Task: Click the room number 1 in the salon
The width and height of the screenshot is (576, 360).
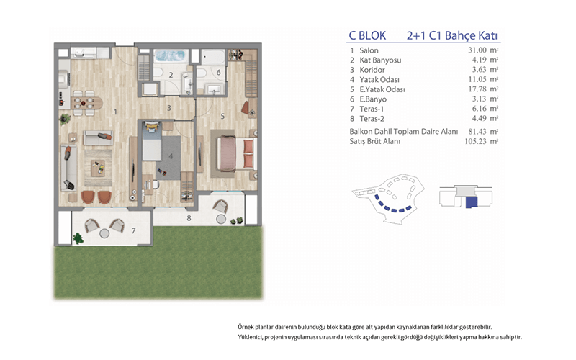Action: (115, 112)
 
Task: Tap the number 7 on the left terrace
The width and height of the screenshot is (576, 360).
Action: (133, 230)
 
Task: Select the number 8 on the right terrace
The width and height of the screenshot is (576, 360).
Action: (189, 218)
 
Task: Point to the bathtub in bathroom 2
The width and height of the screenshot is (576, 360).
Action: (170, 55)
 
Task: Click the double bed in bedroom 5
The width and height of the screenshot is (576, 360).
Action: (237, 153)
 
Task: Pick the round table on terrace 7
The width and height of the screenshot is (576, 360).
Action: (104, 233)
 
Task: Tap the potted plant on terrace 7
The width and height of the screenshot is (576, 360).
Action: (78, 239)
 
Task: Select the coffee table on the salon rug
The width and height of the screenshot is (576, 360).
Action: (98, 168)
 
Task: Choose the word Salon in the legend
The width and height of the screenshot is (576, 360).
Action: (369, 50)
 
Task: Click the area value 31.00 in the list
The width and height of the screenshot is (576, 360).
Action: (477, 50)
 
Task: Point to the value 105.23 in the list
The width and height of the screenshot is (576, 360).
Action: (475, 141)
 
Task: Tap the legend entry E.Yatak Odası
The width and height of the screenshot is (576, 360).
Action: (382, 89)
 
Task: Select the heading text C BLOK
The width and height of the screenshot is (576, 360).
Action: (367, 35)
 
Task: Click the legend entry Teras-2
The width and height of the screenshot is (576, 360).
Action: (372, 119)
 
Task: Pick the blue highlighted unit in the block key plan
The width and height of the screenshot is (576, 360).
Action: (472, 202)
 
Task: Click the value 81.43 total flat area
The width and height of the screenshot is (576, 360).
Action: (477, 131)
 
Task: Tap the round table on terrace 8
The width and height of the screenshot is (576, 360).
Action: (221, 220)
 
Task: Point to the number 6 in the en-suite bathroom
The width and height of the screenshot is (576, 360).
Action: (219, 73)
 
